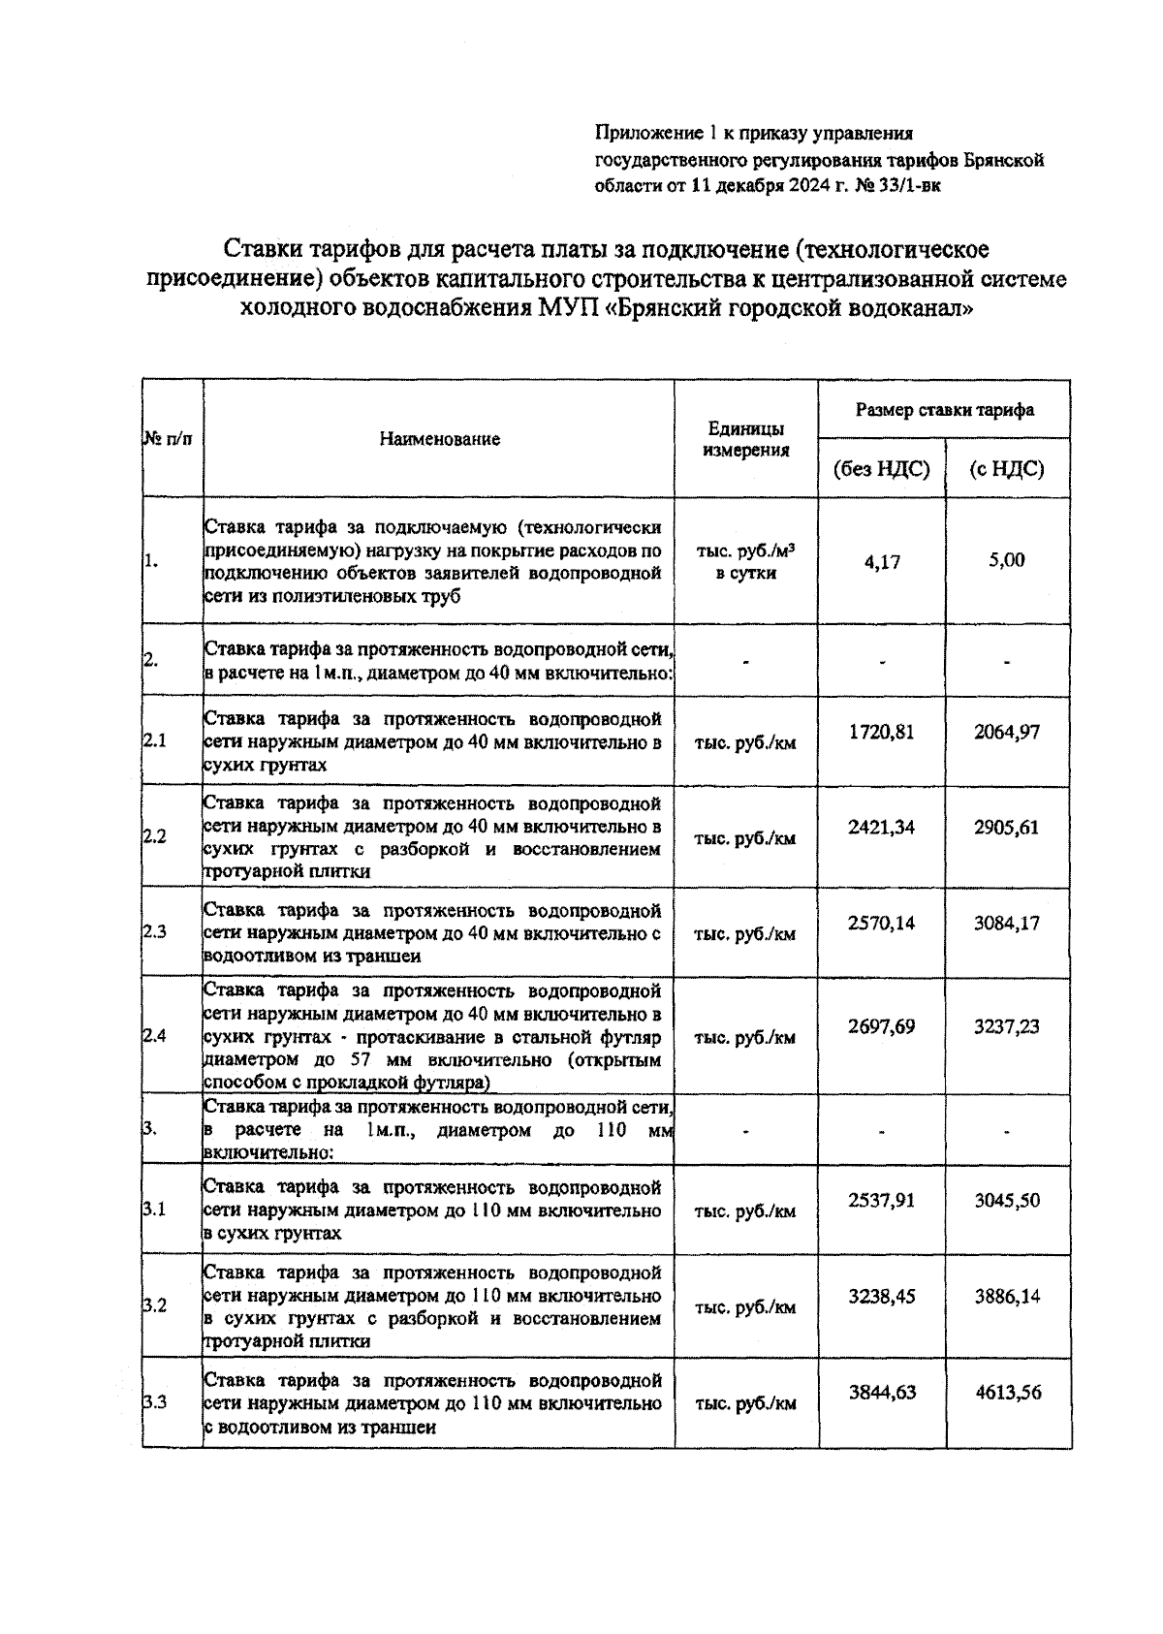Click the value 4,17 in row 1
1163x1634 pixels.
(881, 561)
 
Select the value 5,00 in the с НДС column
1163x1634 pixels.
(1007, 560)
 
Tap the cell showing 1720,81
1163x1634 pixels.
(881, 732)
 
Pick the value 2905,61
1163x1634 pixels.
(1007, 828)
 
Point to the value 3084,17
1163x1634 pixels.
(1007, 923)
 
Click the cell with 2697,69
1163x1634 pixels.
(881, 1026)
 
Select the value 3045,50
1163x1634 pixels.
(1007, 1201)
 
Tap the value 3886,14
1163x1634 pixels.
(1007, 1296)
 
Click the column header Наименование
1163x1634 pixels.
(439, 439)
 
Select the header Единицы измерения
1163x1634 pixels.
(745, 439)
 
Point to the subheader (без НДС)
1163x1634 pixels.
(881, 470)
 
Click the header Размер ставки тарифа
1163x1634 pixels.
(944, 410)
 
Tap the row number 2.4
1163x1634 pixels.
(155, 1036)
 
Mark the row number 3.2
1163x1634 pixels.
(155, 1305)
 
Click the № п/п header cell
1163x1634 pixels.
(168, 439)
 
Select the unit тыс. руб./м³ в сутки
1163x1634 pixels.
(745, 561)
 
